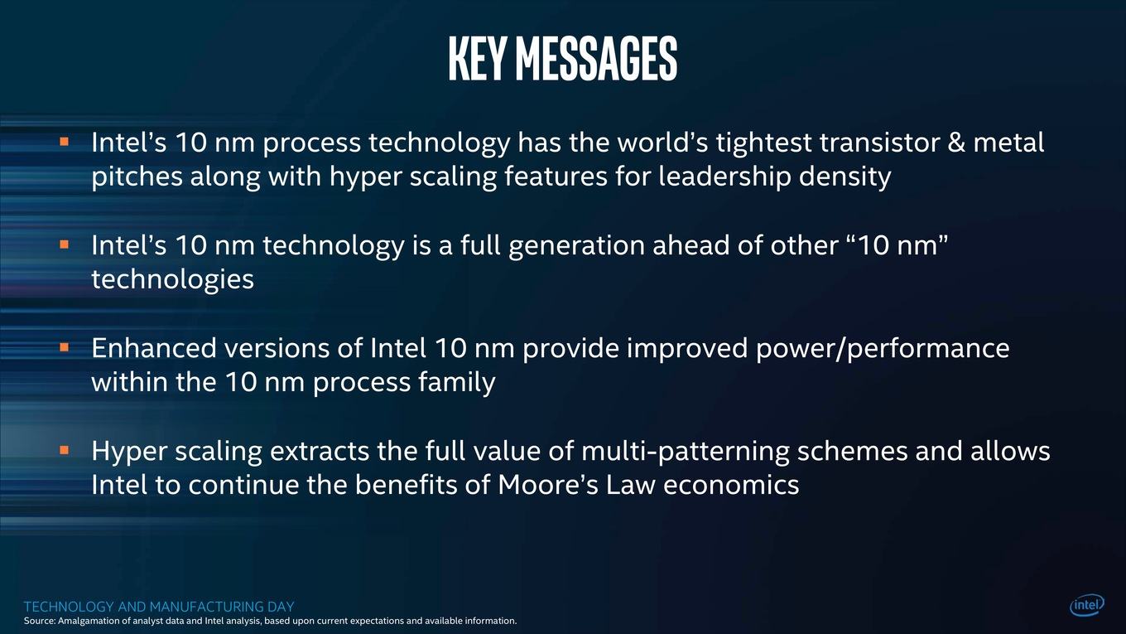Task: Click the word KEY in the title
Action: [x=476, y=58]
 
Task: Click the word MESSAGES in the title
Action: [x=597, y=58]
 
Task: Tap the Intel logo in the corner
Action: [x=1087, y=606]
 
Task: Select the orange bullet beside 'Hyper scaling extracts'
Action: [x=64, y=449]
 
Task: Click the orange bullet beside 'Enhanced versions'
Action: [x=64, y=346]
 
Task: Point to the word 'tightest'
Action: [x=764, y=143]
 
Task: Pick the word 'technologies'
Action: [x=172, y=280]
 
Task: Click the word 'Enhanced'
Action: [x=154, y=348]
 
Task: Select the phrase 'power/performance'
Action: [x=883, y=349]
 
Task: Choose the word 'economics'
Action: [x=731, y=485]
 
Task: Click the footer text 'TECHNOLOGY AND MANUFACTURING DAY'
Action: [x=159, y=607]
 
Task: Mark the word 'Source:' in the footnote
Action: [x=40, y=621]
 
